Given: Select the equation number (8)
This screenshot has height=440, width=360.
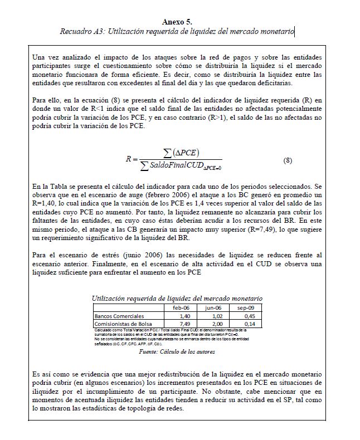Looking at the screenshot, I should [x=288, y=160].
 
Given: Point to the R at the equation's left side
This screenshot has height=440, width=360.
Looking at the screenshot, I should [x=129, y=159].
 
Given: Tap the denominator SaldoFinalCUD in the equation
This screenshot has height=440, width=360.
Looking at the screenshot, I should [x=179, y=166].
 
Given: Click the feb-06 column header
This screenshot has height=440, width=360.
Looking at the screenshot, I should [x=182, y=307].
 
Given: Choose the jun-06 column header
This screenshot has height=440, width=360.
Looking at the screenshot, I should [x=213, y=307].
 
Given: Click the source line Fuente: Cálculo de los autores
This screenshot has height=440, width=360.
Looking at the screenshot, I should [x=177, y=352].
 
